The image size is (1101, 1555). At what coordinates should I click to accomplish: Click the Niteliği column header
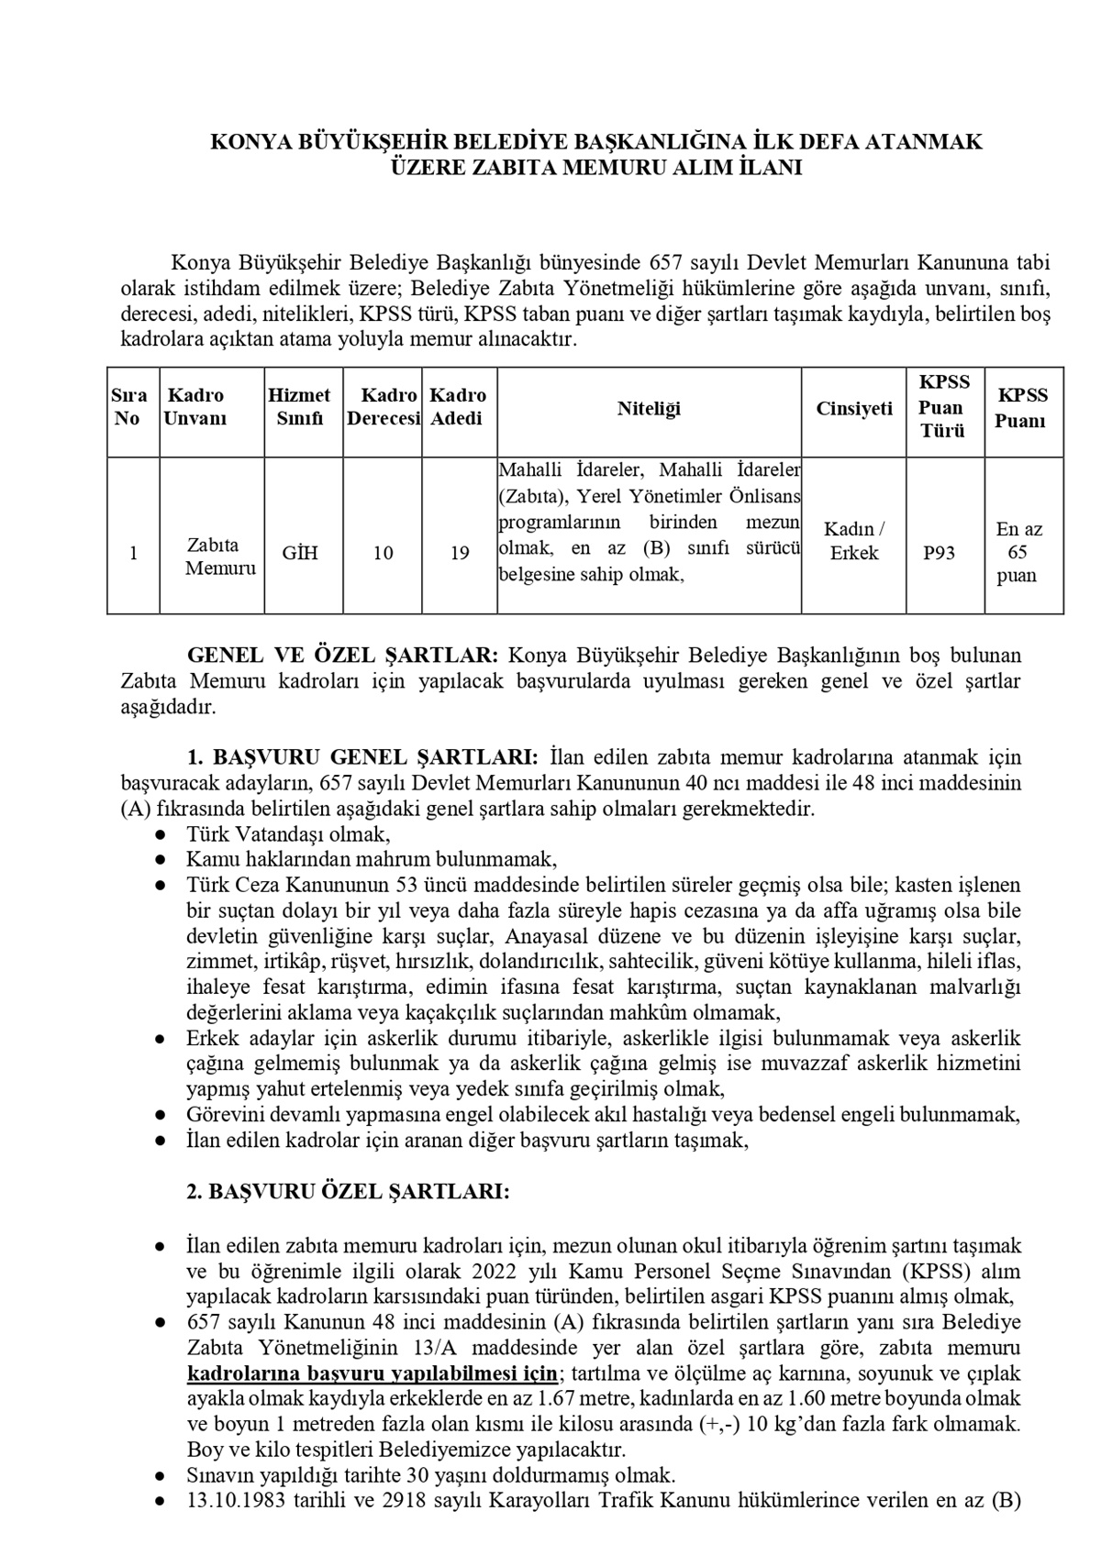[649, 409]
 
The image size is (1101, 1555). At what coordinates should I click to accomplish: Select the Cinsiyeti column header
[853, 409]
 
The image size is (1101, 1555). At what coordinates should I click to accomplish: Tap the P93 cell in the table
[939, 553]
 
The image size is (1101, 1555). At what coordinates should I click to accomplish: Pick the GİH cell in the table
[300, 553]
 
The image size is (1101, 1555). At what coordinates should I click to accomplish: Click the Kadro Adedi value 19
[461, 553]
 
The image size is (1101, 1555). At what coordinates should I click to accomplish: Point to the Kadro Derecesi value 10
[383, 553]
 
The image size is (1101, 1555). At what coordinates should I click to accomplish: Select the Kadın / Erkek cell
[853, 541]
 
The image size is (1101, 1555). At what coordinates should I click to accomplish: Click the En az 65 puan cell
[1018, 552]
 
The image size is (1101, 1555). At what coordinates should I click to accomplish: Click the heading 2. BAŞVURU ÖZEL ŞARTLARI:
[348, 1192]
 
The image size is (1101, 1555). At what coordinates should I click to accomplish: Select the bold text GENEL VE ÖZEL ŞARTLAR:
[343, 656]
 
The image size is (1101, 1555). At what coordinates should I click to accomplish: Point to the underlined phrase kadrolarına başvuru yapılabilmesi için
[372, 1373]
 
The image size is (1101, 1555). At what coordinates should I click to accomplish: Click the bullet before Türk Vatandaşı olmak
[160, 835]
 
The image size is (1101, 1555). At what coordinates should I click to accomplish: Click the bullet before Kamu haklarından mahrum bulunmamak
[160, 861]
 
